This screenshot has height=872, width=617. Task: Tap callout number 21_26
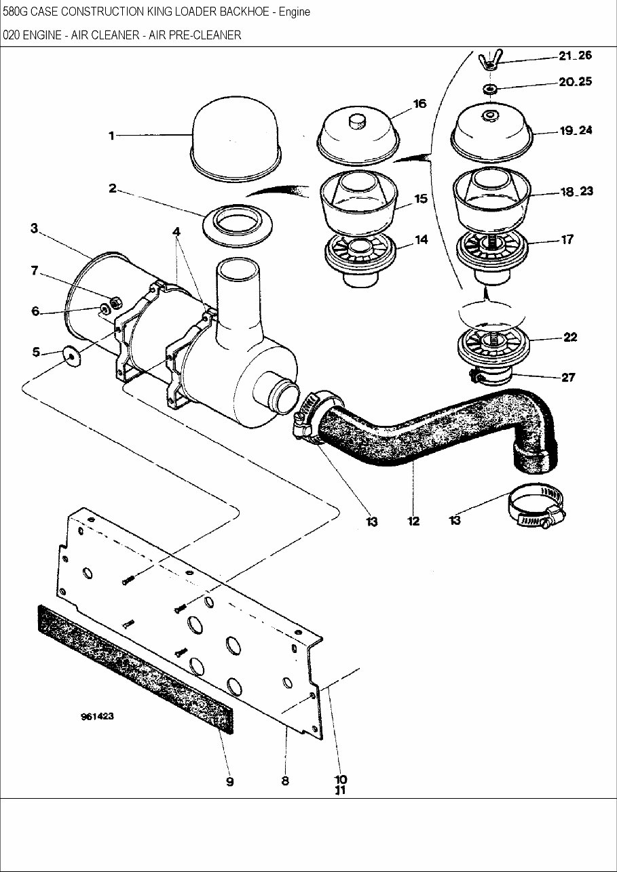click(575, 56)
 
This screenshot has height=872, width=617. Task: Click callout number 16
click(419, 104)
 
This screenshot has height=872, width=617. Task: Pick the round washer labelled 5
click(70, 355)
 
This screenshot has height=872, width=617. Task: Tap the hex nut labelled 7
click(115, 300)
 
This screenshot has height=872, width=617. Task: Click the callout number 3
click(33, 229)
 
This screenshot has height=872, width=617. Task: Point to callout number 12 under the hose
click(413, 521)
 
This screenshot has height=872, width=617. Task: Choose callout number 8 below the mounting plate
click(285, 780)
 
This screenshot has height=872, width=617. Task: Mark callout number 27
click(567, 378)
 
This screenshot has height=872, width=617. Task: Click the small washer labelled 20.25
click(489, 89)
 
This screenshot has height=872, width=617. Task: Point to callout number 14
click(421, 240)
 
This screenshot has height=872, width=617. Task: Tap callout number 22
click(569, 337)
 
